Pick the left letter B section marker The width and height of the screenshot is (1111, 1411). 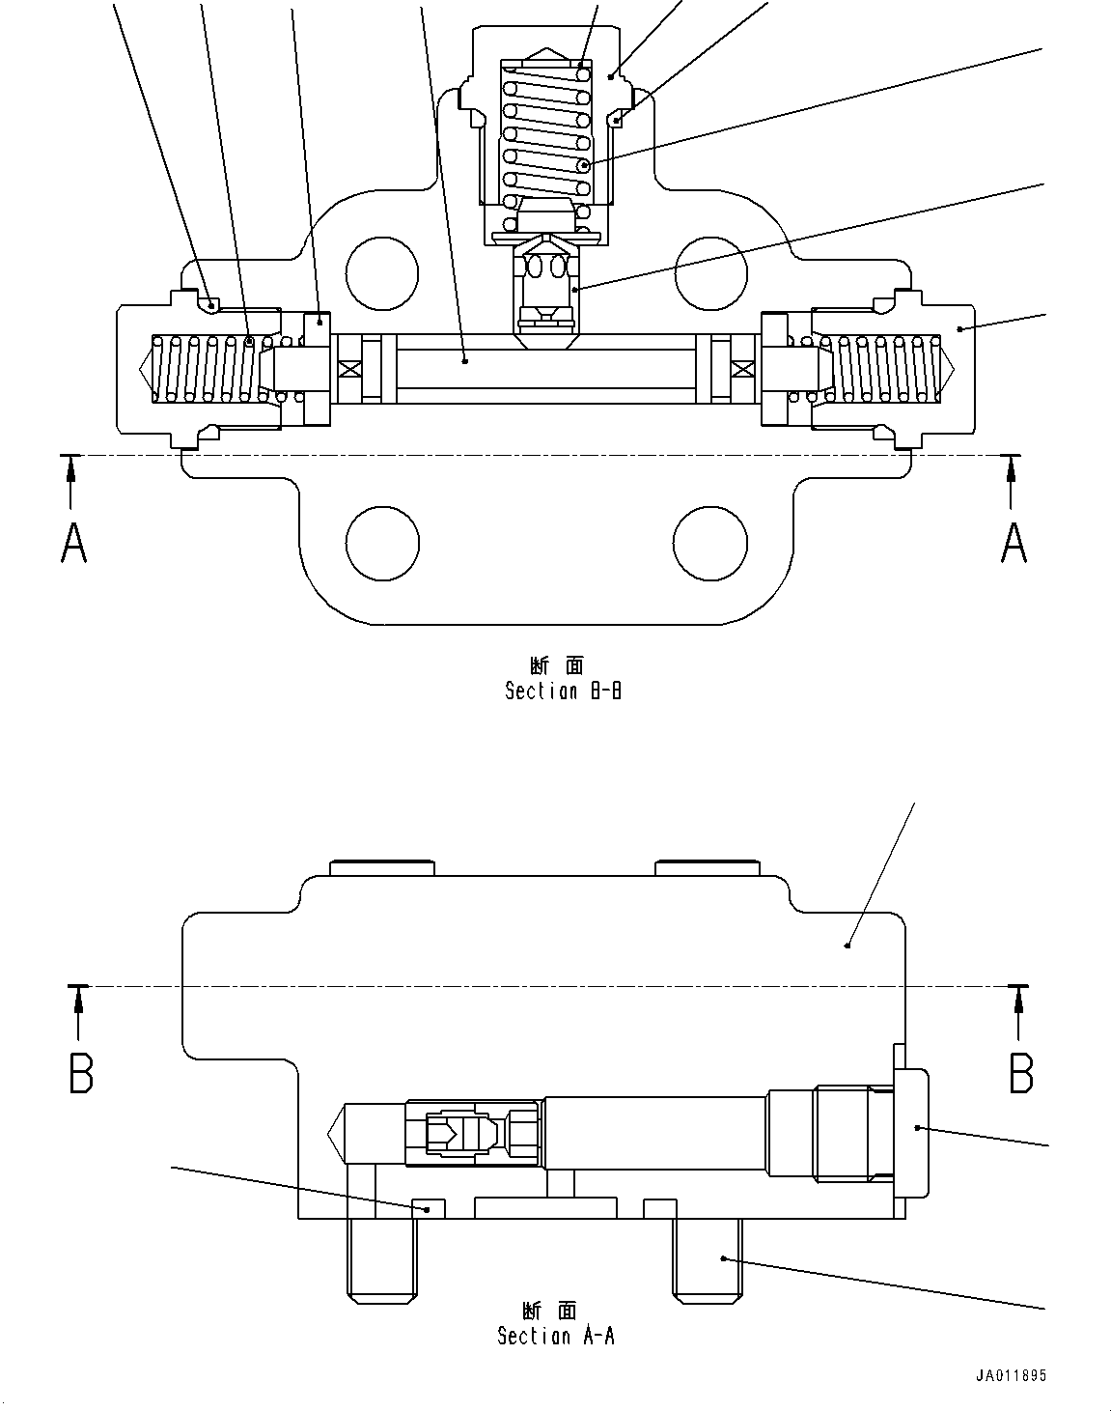click(81, 1072)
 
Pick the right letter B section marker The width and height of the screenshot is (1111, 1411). click(1021, 1072)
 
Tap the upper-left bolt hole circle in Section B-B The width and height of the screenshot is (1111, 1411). click(382, 274)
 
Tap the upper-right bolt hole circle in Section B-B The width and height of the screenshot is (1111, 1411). click(711, 274)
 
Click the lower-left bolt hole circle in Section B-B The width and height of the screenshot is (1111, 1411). click(382, 543)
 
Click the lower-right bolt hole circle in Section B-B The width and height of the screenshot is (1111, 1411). click(711, 543)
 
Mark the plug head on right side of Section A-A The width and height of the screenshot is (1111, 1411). click(912, 1131)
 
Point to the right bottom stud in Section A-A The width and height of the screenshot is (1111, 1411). click(707, 1257)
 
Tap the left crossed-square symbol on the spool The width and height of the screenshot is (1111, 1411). click(350, 369)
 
